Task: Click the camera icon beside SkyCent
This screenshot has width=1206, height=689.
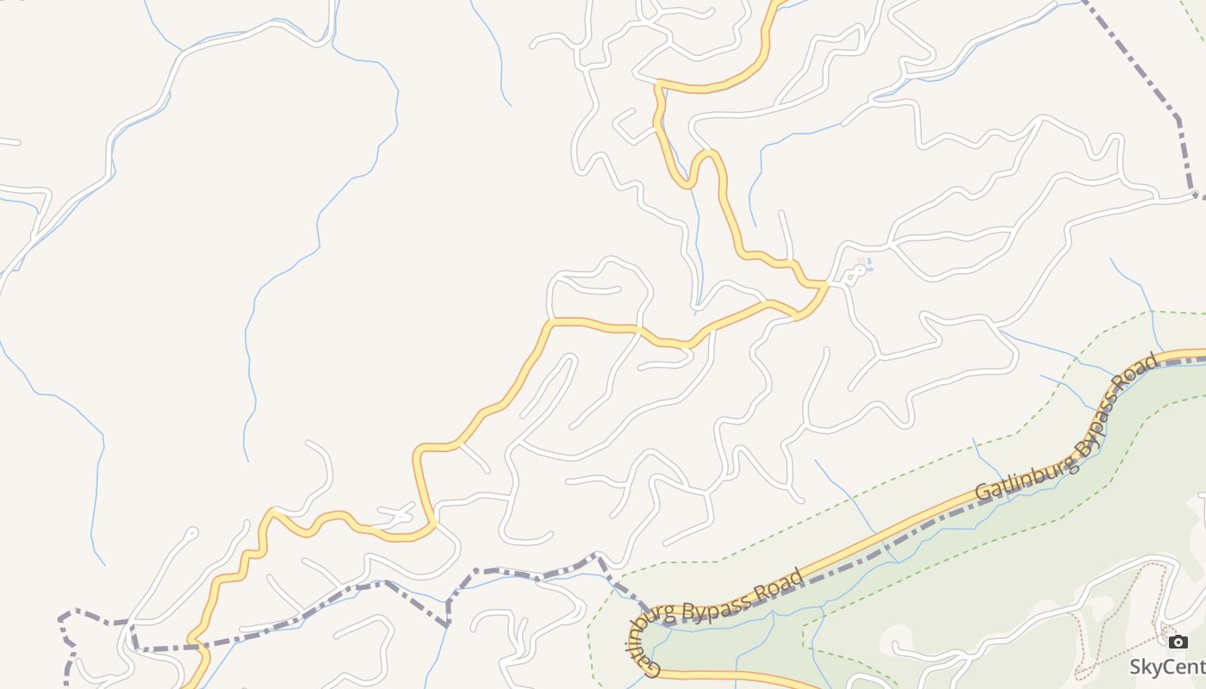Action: [x=1178, y=642]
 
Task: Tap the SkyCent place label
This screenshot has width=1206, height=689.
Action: [x=1167, y=667]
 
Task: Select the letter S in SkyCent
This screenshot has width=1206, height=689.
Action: [x=1136, y=667]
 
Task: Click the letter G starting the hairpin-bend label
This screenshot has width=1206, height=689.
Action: [x=651, y=667]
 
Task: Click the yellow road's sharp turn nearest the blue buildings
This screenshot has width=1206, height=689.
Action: [x=824, y=285]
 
